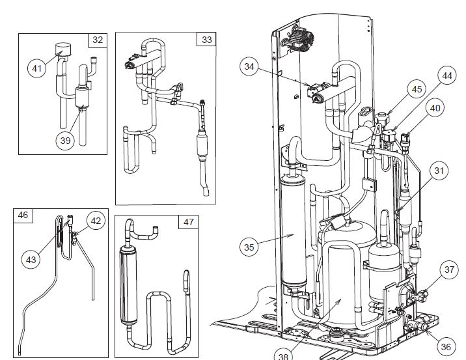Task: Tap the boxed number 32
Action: [98, 40]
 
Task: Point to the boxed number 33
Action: [206, 40]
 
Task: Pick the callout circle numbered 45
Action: [417, 89]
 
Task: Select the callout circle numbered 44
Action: [446, 76]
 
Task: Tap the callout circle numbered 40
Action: [437, 108]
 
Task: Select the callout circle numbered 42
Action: [96, 221]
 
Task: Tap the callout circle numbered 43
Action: [31, 258]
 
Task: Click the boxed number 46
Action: [22, 215]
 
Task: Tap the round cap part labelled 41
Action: [64, 48]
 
